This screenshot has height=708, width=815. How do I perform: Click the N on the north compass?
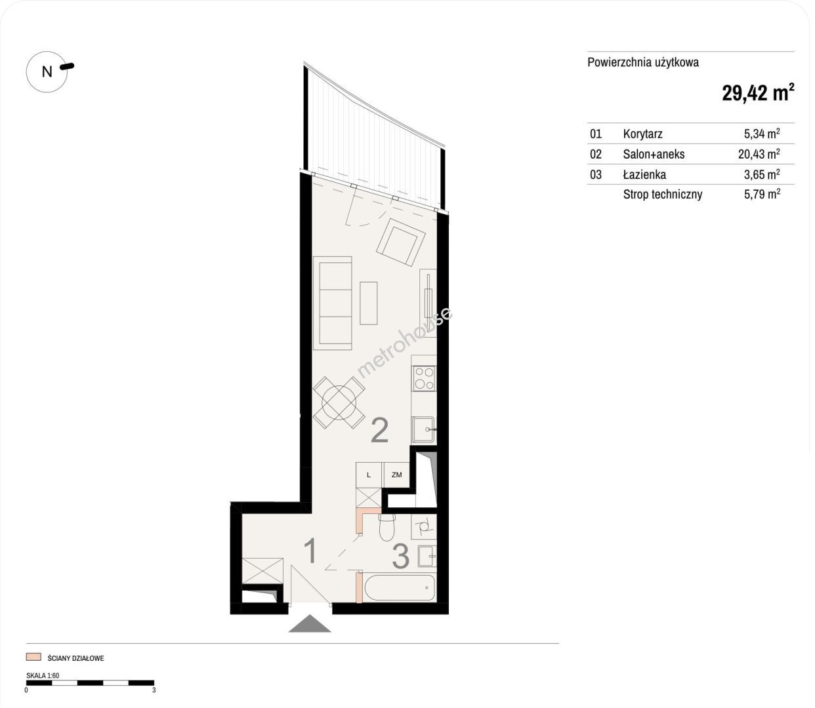point(47,72)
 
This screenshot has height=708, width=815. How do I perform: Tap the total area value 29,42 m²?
point(758,93)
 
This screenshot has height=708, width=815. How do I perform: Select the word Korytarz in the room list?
point(642,134)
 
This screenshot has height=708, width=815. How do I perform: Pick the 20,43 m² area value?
point(759,154)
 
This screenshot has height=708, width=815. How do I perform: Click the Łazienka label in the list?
point(644,174)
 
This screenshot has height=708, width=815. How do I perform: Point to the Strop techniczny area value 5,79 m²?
point(762,194)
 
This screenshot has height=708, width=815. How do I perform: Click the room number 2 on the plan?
point(379,430)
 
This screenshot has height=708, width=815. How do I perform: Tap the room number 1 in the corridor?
point(310,551)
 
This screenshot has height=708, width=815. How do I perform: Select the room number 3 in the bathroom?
point(400,557)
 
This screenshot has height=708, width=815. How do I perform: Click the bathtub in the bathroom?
point(400,588)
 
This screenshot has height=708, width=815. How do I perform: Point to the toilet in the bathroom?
point(386,527)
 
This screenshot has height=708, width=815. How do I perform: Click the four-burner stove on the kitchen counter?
point(424,378)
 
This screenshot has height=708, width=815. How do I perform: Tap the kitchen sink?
point(423,429)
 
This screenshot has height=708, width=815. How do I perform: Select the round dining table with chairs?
point(339,403)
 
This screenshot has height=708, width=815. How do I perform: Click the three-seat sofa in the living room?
point(332,304)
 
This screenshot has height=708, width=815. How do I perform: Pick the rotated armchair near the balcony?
point(401,242)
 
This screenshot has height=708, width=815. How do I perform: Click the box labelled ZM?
point(396,475)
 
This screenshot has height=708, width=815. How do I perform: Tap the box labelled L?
point(369,475)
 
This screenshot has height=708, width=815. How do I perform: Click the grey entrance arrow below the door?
point(310,623)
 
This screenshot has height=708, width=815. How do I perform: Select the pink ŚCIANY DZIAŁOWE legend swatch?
point(33,657)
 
